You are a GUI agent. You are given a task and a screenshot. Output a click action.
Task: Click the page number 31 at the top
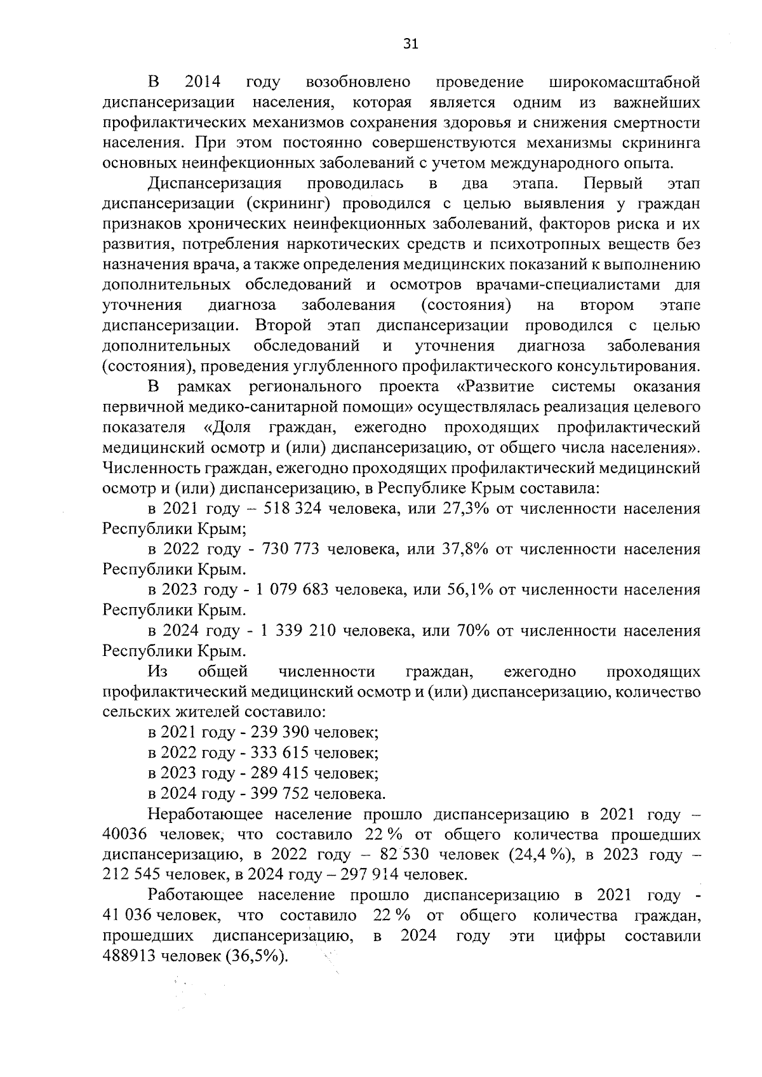coord(411,44)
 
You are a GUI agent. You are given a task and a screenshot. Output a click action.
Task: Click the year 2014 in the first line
coord(202,82)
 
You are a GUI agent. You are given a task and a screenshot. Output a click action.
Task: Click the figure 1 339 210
coord(295,631)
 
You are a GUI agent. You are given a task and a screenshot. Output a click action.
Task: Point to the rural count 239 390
coord(280,732)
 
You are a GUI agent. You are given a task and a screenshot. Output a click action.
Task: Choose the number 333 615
coord(280,753)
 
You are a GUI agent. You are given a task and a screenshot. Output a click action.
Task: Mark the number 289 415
coord(280,773)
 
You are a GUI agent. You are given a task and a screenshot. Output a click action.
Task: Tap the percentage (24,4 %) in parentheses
coord(542,854)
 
